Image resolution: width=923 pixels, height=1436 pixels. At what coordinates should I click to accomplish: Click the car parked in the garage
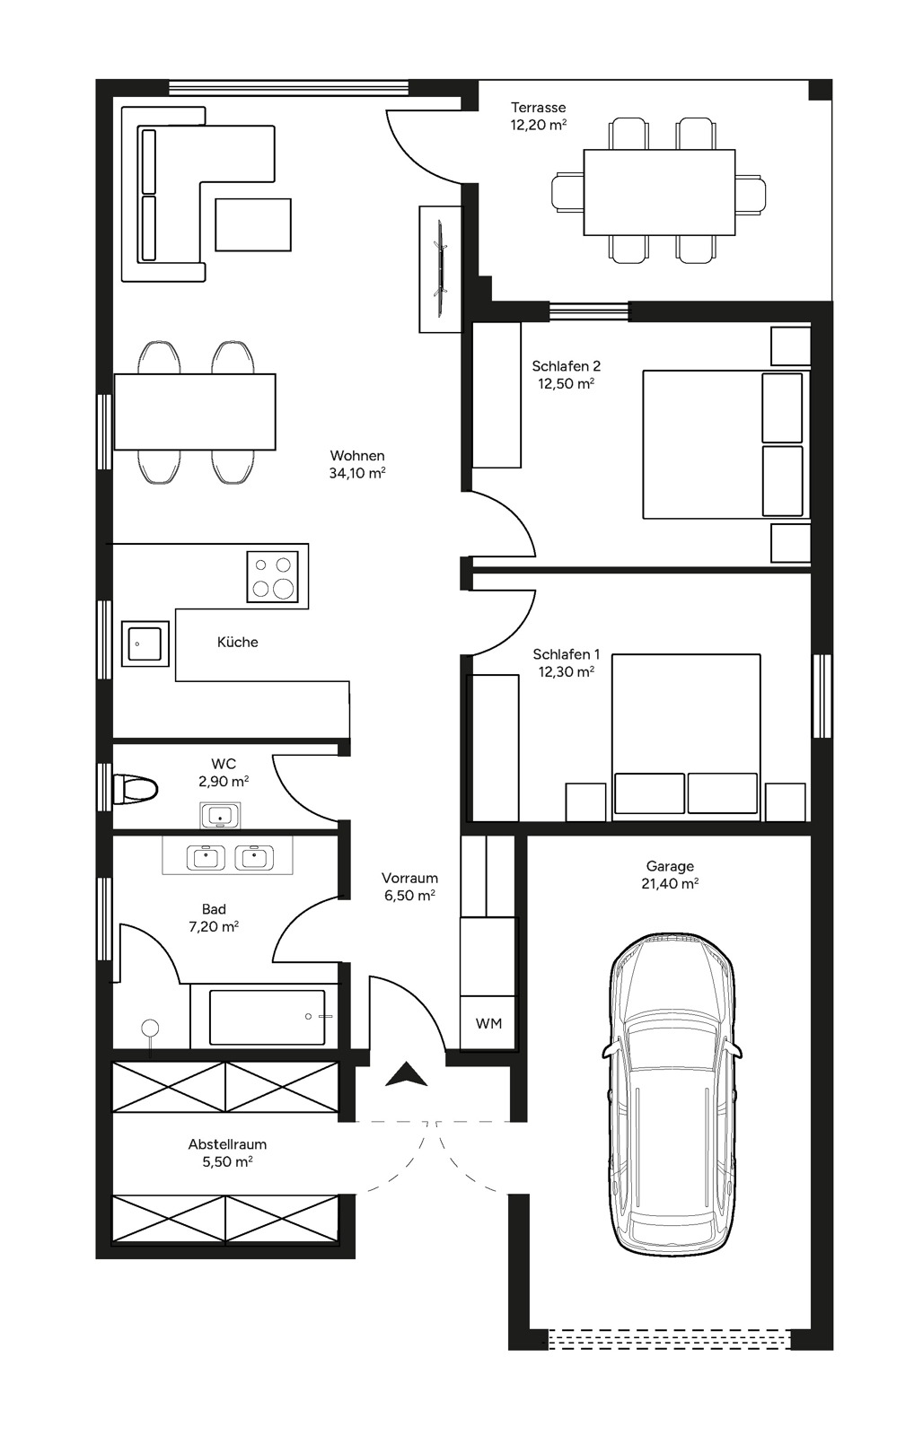[x=672, y=1095]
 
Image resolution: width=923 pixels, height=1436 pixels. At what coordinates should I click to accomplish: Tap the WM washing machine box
[x=488, y=1023]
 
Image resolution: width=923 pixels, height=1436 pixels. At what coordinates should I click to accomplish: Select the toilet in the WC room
[x=136, y=789]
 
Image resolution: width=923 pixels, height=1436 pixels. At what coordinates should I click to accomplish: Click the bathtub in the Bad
[x=267, y=1017]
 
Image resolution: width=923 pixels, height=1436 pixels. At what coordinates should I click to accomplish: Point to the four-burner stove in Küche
[x=273, y=576]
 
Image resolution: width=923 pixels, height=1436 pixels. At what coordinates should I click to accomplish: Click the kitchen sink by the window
[x=145, y=643]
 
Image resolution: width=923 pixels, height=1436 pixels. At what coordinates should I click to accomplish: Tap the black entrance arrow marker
[x=406, y=1074]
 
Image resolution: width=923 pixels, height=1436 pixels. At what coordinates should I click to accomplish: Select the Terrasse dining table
[x=659, y=191]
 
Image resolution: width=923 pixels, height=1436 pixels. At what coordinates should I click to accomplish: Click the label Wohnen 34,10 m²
[x=357, y=464]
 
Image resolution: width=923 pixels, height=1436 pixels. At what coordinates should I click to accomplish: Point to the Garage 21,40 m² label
[x=670, y=874]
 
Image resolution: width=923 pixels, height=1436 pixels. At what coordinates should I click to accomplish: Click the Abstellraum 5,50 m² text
[x=227, y=1152]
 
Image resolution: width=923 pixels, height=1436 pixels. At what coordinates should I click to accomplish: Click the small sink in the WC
[x=220, y=816]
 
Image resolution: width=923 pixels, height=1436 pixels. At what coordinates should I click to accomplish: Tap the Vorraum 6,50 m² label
[x=409, y=886]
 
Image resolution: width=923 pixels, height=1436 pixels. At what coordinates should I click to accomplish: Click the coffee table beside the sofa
[x=253, y=224]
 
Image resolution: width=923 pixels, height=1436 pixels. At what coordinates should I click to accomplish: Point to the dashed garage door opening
[x=669, y=1339]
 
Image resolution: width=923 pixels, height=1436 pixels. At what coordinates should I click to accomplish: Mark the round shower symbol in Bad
[x=150, y=1028]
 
